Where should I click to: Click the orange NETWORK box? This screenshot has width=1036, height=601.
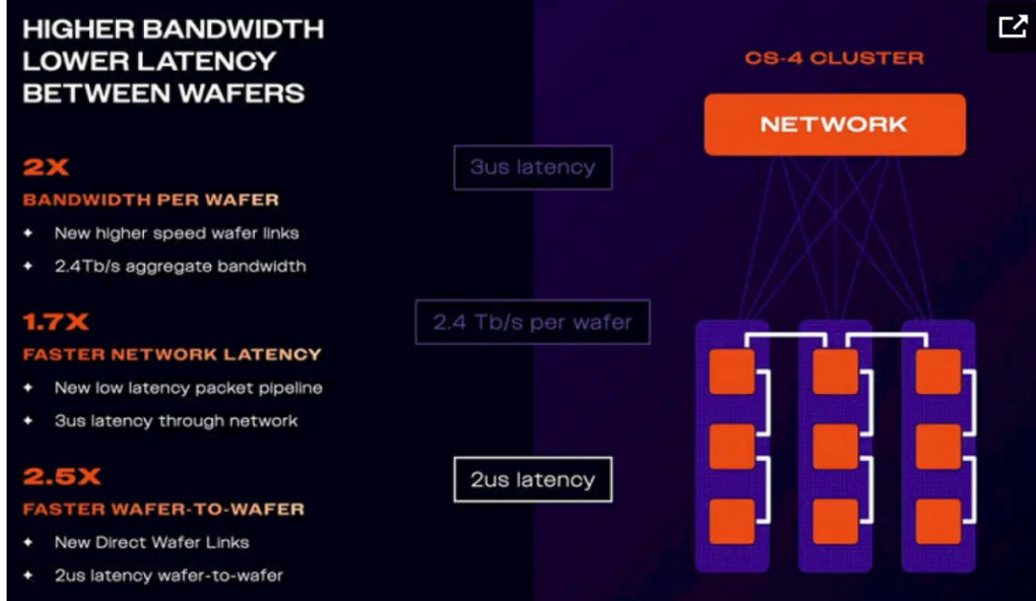(835, 125)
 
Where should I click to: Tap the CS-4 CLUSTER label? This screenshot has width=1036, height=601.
(835, 58)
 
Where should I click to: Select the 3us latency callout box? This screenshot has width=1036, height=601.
(532, 168)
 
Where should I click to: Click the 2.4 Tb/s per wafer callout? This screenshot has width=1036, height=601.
(532, 322)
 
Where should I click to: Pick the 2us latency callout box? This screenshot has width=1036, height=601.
(532, 479)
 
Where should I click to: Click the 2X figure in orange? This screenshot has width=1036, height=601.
(46, 167)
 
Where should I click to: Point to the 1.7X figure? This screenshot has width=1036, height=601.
(56, 322)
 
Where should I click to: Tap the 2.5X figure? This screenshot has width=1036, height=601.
(62, 476)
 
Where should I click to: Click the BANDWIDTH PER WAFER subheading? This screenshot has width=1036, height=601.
(151, 200)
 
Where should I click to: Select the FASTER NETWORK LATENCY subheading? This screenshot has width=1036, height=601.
(172, 355)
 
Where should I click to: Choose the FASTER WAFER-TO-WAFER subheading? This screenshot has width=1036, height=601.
(164, 509)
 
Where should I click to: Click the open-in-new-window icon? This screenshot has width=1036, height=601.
(1012, 27)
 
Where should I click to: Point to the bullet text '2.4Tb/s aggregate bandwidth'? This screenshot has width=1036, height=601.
(180, 266)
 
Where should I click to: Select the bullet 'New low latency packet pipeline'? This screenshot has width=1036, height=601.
(188, 387)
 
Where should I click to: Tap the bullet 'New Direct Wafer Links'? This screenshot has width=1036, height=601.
(152, 543)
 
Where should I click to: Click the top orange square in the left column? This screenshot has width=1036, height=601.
(732, 372)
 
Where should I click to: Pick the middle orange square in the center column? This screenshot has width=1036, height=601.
(836, 447)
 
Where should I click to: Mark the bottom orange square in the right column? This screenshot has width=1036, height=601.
(938, 521)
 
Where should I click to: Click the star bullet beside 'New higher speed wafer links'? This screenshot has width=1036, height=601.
(28, 233)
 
